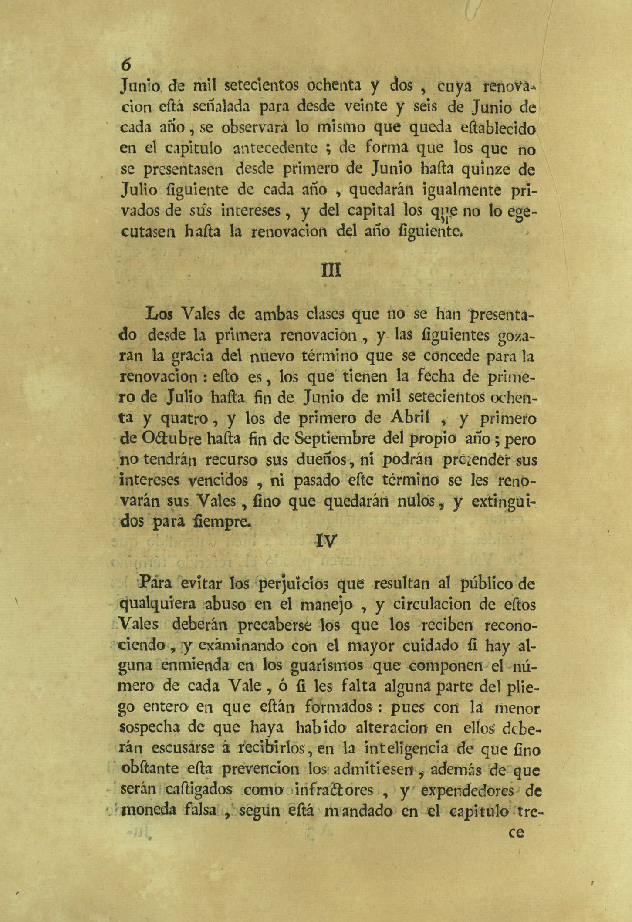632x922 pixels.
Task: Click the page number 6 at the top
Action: pyautogui.click(x=126, y=64)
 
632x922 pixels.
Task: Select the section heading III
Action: pyautogui.click(x=331, y=270)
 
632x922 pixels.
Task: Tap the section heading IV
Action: pyautogui.click(x=326, y=541)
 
